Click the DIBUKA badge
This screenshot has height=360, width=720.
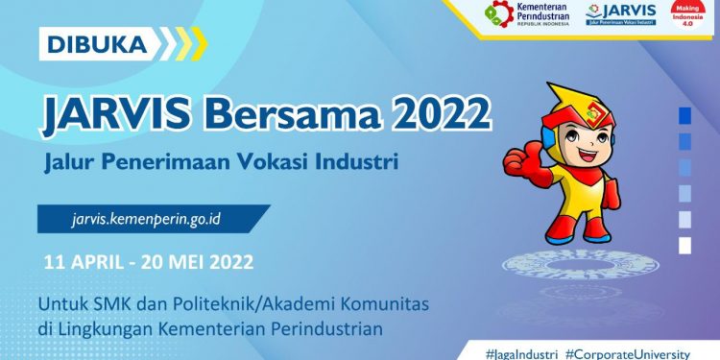tap(92, 43)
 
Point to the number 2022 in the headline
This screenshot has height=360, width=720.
tap(438, 114)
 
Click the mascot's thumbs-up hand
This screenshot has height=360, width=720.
tap(516, 159)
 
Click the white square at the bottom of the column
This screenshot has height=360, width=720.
tap(684, 245)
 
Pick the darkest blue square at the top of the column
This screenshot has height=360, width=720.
tap(684, 115)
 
